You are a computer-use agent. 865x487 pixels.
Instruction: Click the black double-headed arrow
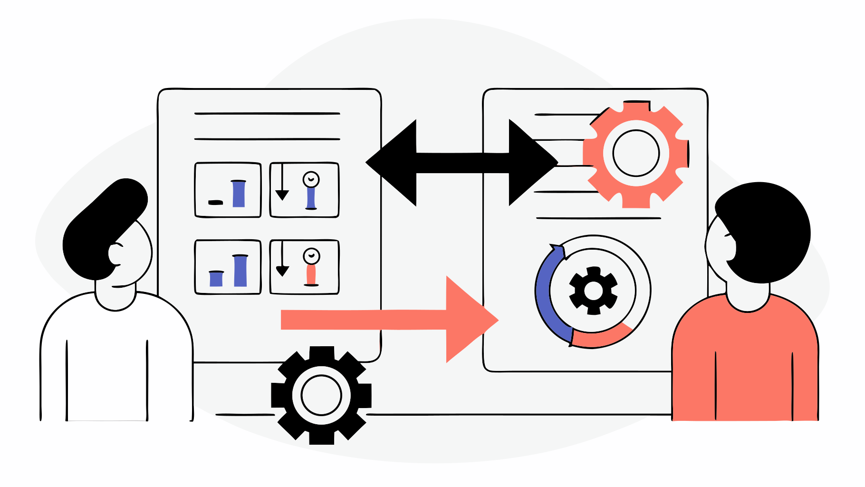coord(461,162)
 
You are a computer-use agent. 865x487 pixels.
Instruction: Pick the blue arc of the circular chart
coord(547,295)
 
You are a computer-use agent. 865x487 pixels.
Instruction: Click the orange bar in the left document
coord(311,275)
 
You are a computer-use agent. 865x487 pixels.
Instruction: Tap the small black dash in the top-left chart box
coord(215,203)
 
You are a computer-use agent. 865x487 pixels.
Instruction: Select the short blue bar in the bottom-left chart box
coord(216,279)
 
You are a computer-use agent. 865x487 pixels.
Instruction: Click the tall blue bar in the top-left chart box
coord(239,194)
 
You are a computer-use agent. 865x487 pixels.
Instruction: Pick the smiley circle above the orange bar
coord(311,256)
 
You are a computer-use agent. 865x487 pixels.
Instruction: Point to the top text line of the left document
coord(267,114)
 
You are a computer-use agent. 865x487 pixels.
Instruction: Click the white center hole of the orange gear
coord(636,154)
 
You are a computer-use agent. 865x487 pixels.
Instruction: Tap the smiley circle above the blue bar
coord(311,179)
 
